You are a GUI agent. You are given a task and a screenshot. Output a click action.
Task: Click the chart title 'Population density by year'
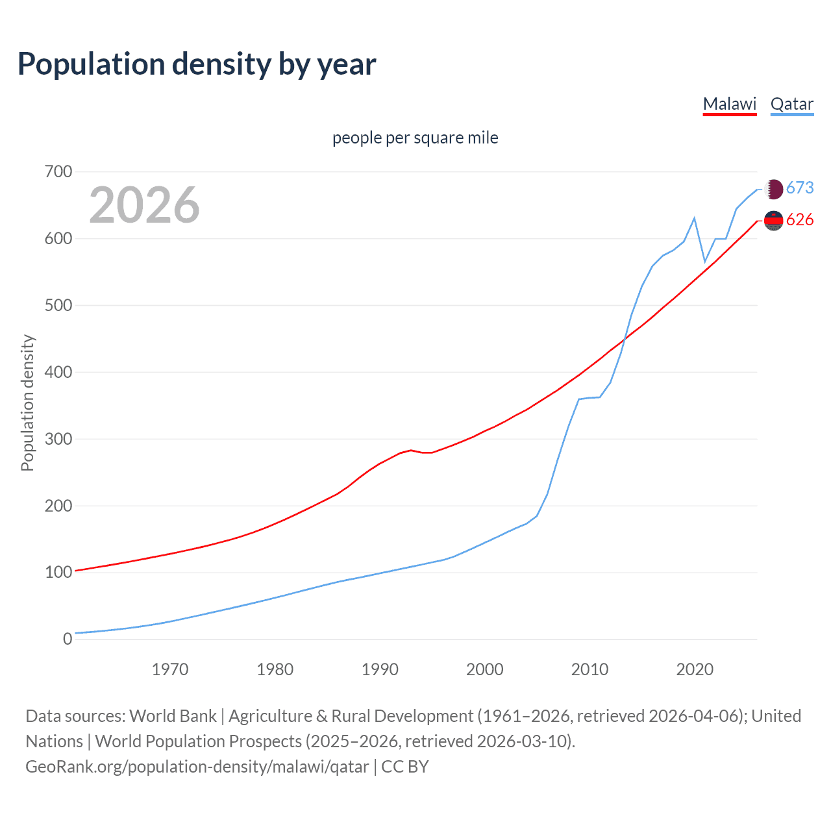[197, 64]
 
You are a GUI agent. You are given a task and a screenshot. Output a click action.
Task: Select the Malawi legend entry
[730, 104]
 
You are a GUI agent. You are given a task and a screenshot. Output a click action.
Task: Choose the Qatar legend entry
[791, 104]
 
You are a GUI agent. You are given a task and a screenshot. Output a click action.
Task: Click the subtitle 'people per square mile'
[415, 138]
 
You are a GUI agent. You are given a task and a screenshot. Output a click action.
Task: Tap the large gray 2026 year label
[144, 205]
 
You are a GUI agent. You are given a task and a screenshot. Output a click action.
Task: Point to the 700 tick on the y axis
[58, 172]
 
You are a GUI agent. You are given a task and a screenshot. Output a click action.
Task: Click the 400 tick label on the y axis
[58, 372]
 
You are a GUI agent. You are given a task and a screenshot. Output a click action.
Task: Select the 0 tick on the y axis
[68, 639]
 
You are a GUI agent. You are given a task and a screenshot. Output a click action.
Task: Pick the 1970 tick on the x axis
[170, 669]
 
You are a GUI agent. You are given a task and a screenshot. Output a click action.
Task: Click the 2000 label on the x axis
[484, 669]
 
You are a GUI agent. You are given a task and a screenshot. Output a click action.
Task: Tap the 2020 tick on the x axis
[695, 669]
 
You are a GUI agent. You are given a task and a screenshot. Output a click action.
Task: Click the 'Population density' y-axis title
[27, 403]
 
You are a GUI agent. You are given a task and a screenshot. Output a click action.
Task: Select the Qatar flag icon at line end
[773, 189]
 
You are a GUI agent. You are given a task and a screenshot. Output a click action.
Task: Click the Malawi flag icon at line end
[773, 221]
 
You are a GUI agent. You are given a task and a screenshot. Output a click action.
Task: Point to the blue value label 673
[800, 188]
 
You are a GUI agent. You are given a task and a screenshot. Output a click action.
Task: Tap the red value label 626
[800, 220]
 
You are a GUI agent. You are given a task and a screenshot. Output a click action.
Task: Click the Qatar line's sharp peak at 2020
[695, 218]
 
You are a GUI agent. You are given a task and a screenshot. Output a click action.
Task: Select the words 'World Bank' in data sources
[173, 716]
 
